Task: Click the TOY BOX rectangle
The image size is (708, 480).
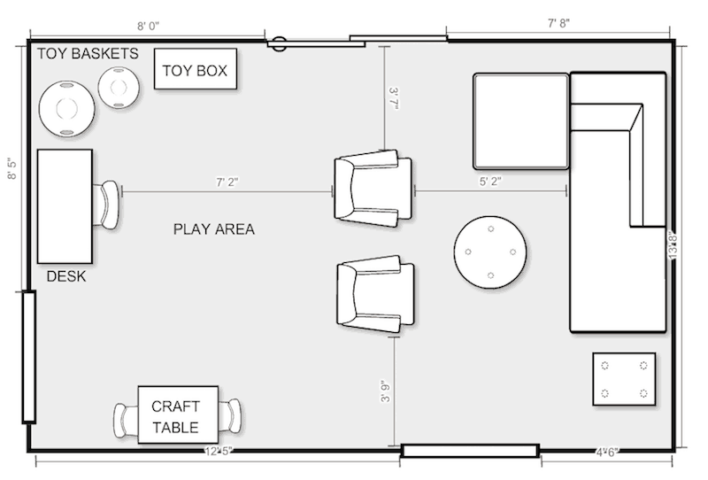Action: (196, 69)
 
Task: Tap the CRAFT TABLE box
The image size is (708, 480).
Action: (178, 417)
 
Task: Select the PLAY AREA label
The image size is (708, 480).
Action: (213, 229)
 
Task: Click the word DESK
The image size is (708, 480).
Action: (66, 276)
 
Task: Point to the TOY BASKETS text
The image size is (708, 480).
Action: (88, 54)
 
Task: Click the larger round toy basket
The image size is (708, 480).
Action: (65, 108)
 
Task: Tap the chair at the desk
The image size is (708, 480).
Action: (109, 204)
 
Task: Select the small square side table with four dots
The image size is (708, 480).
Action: (624, 379)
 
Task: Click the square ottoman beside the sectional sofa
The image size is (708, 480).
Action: (520, 120)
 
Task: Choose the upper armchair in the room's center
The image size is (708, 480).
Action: (373, 188)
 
